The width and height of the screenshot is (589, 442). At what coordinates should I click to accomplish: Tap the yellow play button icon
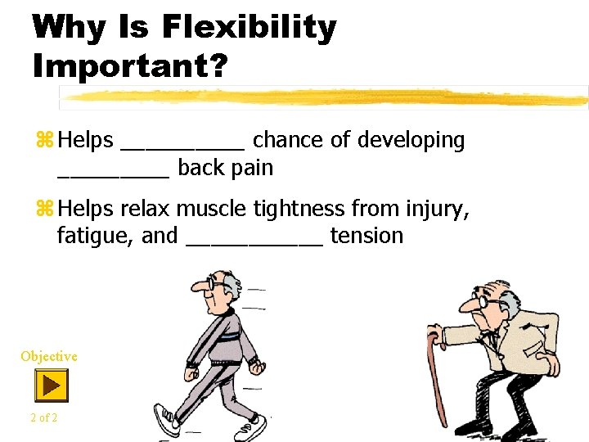click(x=51, y=385)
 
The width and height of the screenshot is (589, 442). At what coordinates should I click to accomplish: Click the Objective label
click(x=49, y=356)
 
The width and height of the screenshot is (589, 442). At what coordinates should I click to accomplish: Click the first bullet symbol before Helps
click(x=44, y=141)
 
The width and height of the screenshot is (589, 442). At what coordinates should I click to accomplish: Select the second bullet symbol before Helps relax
click(x=44, y=210)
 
